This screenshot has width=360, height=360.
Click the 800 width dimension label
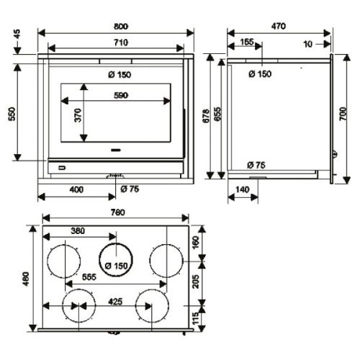(x=121, y=26)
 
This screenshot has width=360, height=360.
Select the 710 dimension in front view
(x=121, y=42)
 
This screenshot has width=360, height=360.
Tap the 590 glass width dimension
(x=121, y=95)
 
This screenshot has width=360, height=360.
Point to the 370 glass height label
(x=78, y=115)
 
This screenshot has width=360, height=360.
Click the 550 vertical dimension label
(x=12, y=114)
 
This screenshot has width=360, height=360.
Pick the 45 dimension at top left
(x=17, y=34)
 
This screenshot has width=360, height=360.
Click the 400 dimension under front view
(x=76, y=189)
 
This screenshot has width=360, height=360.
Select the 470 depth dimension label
(x=279, y=26)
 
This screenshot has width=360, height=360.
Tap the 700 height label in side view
(x=343, y=114)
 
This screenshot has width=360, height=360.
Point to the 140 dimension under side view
(x=243, y=189)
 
